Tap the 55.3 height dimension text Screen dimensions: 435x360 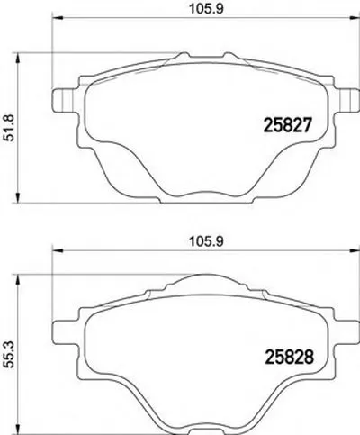click(x=11, y=348)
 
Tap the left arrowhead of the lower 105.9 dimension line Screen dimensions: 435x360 click(x=57, y=253)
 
